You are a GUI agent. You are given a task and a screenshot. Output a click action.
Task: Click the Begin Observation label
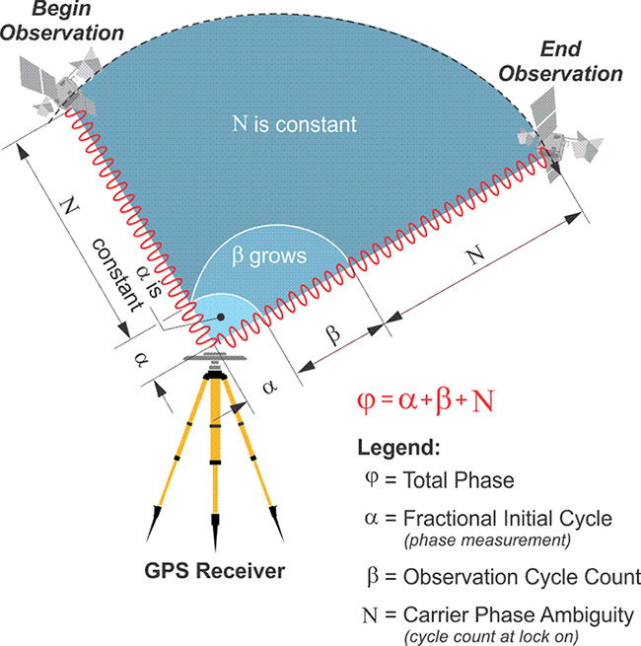point(62,22)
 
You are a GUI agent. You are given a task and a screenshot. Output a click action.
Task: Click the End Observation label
point(560,62)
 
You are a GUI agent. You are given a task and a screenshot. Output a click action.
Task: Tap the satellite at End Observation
point(560,136)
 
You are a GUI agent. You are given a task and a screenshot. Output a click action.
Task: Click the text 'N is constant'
point(295,124)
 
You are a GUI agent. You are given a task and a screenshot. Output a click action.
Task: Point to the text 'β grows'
point(269,256)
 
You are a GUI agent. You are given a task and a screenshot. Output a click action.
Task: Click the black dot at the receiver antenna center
point(221,317)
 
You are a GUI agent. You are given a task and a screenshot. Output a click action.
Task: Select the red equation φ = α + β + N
point(426,400)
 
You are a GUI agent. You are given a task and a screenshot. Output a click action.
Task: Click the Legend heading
point(398,448)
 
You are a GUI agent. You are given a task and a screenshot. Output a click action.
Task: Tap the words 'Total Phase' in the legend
point(459,480)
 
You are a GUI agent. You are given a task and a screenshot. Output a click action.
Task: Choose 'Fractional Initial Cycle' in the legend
point(508,519)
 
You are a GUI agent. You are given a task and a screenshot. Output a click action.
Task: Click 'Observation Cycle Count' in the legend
point(522,577)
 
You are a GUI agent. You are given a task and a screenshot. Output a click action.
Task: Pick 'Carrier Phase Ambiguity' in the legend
point(519,615)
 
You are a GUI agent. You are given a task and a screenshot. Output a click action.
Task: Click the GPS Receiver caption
point(215,571)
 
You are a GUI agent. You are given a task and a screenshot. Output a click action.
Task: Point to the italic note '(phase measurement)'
point(487,540)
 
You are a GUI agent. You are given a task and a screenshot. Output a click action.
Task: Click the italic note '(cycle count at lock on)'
point(491,637)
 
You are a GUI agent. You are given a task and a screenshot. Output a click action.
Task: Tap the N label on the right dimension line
point(476,254)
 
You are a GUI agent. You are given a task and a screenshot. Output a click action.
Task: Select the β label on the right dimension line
point(333,333)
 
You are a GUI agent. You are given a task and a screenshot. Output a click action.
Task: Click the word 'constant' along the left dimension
point(117,275)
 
